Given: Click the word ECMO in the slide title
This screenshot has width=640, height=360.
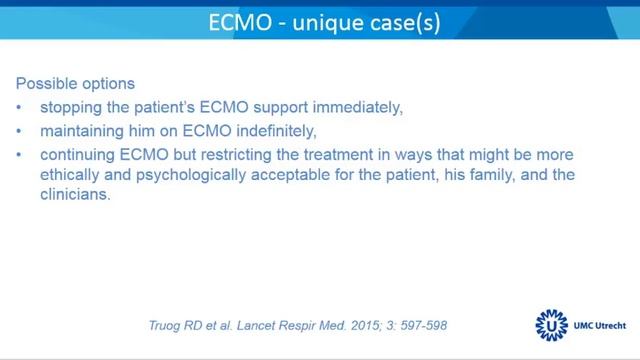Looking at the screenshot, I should (x=238, y=21).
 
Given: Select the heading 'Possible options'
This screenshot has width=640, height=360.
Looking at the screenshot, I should (x=76, y=83).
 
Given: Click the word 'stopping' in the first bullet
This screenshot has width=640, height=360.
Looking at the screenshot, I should (x=71, y=107).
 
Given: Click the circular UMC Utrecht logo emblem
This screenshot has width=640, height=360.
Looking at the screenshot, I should (x=548, y=324).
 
